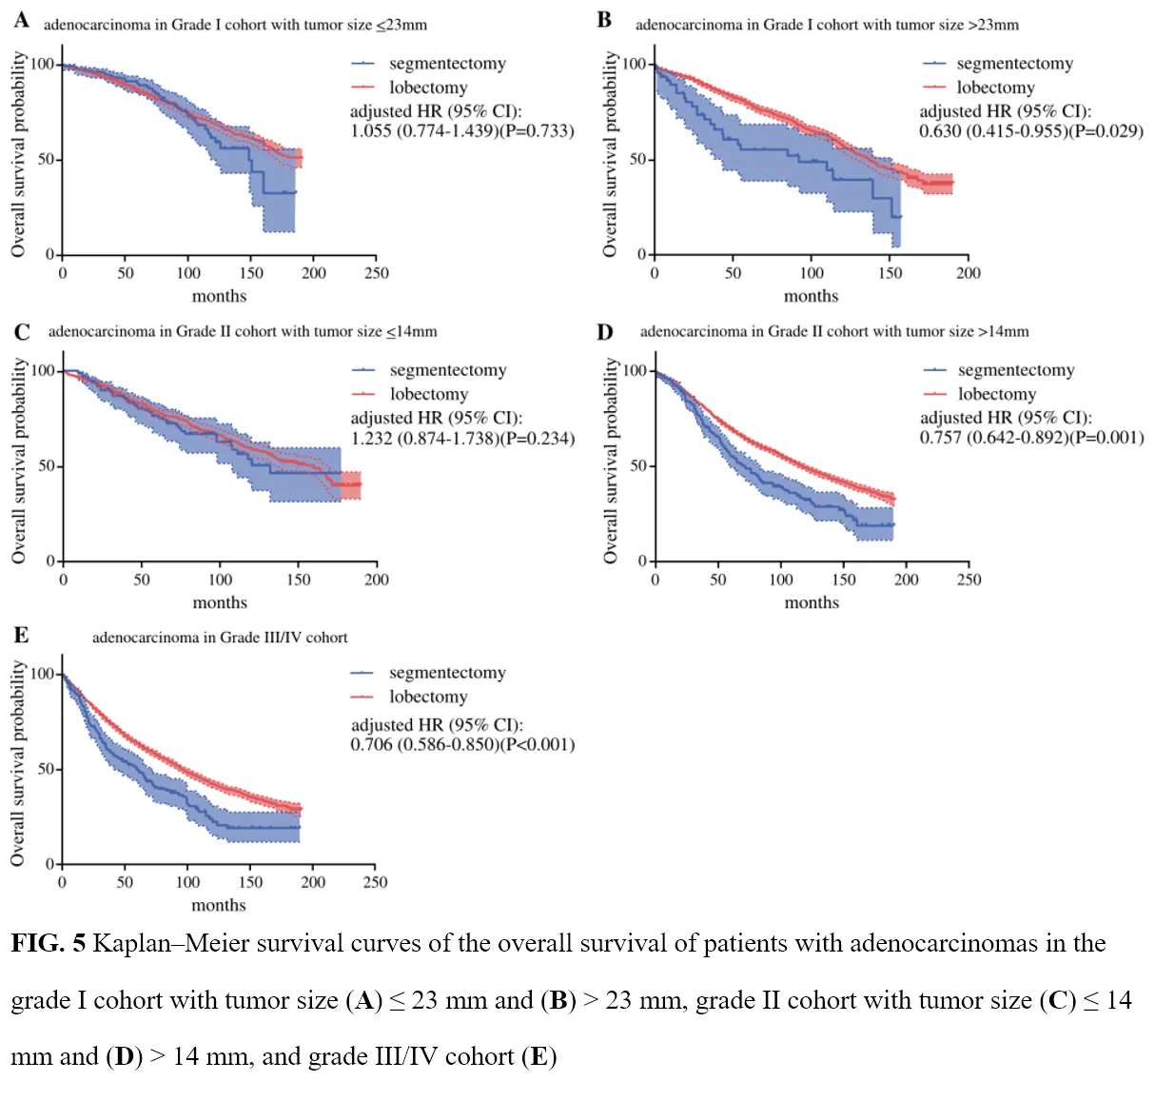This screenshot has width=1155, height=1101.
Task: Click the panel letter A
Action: pyautogui.click(x=21, y=20)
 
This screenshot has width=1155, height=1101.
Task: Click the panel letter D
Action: pyautogui.click(x=605, y=332)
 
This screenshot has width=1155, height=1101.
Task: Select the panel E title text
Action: pyautogui.click(x=220, y=638)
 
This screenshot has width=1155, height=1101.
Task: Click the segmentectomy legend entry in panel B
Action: pyautogui.click(x=1014, y=64)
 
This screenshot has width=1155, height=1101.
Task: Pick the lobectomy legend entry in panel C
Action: pyautogui.click(x=428, y=394)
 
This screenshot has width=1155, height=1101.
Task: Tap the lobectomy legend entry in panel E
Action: pyautogui.click(x=428, y=697)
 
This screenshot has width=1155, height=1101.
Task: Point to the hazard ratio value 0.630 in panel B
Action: pyautogui.click(x=940, y=131)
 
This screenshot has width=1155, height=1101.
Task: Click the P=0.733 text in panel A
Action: pyautogui.click(x=538, y=131)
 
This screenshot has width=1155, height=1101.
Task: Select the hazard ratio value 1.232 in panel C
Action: pyautogui.click(x=371, y=439)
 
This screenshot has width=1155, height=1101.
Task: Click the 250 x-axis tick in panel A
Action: pyautogui.click(x=376, y=273)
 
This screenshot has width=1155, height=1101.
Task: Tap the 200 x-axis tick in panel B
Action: pyautogui.click(x=968, y=273)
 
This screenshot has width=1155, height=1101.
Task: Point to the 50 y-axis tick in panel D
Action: pyautogui.click(x=638, y=465)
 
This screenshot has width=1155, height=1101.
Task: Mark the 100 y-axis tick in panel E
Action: pyautogui.click(x=43, y=674)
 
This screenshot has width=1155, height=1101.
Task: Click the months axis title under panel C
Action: pyautogui.click(x=220, y=602)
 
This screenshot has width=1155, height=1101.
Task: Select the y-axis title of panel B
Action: pyautogui.click(x=610, y=154)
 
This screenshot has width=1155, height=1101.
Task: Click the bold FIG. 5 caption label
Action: pyautogui.click(x=48, y=944)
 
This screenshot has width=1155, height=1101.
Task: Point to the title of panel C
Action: pyautogui.click(x=243, y=332)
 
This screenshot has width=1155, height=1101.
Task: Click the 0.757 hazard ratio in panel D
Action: pyautogui.click(x=940, y=438)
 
